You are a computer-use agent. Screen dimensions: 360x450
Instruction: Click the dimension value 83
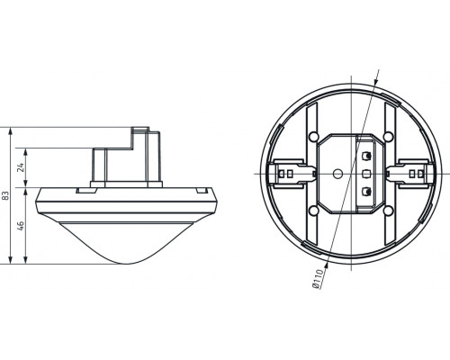7,195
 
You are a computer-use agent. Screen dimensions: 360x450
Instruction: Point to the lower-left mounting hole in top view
310,210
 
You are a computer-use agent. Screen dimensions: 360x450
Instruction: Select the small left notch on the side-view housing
83,190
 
